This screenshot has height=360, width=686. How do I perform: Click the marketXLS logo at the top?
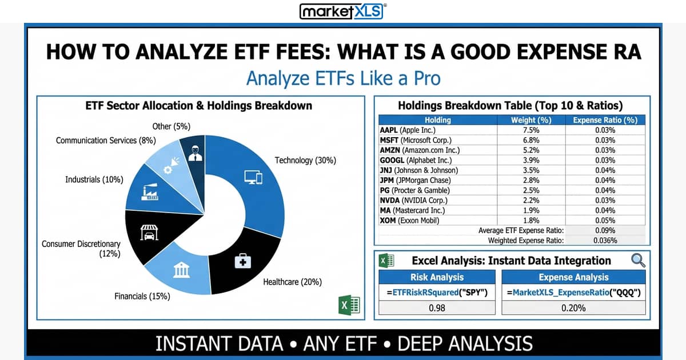343,11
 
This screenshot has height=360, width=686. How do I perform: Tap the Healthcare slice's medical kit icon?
243,262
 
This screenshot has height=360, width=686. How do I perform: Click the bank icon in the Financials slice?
182,270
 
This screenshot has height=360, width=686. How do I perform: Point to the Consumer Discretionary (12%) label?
81,249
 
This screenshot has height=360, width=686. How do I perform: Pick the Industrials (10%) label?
94,179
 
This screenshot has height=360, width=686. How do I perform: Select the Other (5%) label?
171,126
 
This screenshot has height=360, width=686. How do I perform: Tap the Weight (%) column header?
531,120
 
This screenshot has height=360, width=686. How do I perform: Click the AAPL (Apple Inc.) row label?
408,130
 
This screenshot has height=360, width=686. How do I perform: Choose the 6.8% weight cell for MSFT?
531,140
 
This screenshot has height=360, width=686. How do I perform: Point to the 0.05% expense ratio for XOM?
605,221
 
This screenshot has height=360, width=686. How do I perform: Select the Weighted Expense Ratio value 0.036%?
605,241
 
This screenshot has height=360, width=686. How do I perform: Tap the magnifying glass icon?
638,261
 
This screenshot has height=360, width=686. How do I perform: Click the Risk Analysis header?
437,277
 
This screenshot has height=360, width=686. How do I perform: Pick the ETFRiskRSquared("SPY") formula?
437,293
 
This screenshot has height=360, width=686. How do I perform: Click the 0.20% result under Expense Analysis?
573,308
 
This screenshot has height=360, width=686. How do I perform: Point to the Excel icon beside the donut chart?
349,305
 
